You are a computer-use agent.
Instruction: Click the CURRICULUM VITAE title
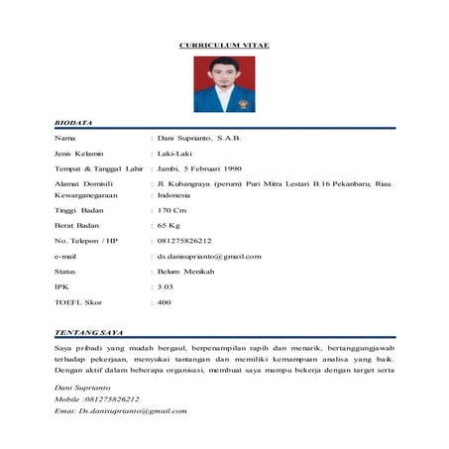point(224,46)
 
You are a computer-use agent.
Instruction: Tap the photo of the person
point(224,83)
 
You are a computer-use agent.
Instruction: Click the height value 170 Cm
point(172,210)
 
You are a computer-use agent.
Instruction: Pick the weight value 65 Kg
point(170,226)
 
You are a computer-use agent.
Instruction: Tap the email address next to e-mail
point(208,257)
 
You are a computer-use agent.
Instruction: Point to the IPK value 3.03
point(166,286)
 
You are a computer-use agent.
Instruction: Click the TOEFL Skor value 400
point(165,302)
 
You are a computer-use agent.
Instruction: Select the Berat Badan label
point(79,226)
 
